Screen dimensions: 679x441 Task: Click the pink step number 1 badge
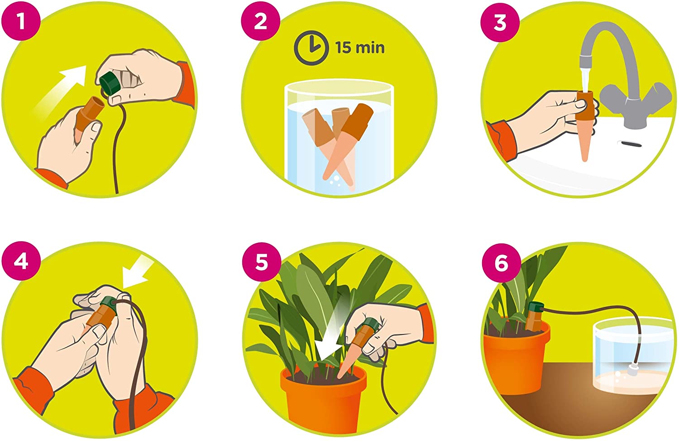(21, 21)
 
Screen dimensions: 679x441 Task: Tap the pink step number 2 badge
(260, 21)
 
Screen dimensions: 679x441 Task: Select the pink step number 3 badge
(500, 23)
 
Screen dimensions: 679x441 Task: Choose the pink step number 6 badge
(502, 263)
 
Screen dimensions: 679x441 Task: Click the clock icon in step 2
(311, 48)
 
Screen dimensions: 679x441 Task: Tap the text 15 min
(360, 48)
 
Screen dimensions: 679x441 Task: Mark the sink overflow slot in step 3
(629, 144)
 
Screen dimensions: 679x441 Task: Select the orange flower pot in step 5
(324, 397)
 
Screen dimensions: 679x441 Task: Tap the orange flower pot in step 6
(516, 358)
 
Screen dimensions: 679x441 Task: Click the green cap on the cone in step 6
(536, 308)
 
